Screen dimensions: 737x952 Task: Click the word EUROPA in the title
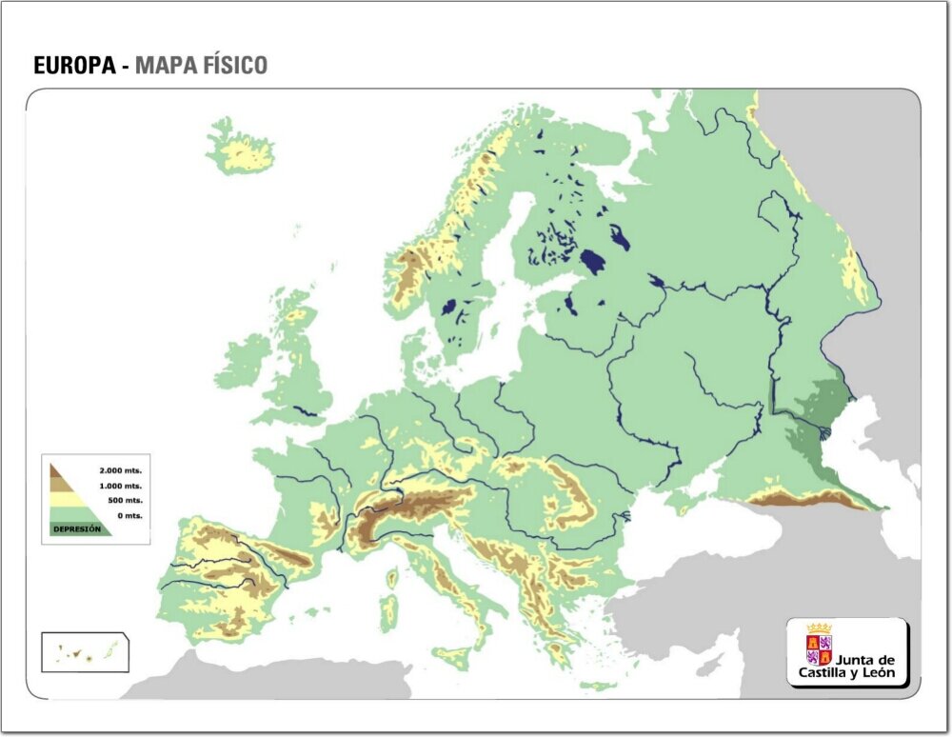(x=74, y=66)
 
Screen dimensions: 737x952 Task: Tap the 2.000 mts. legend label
(x=121, y=470)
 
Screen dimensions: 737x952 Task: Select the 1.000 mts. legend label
(x=121, y=486)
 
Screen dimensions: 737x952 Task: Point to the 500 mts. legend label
(x=125, y=500)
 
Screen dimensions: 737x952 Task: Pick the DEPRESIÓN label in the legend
(x=77, y=528)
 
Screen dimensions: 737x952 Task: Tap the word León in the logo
(x=876, y=673)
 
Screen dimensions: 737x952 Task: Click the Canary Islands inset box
(x=85, y=652)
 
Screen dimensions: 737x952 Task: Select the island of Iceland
(x=240, y=149)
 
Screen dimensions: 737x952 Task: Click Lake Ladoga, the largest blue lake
(x=593, y=262)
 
